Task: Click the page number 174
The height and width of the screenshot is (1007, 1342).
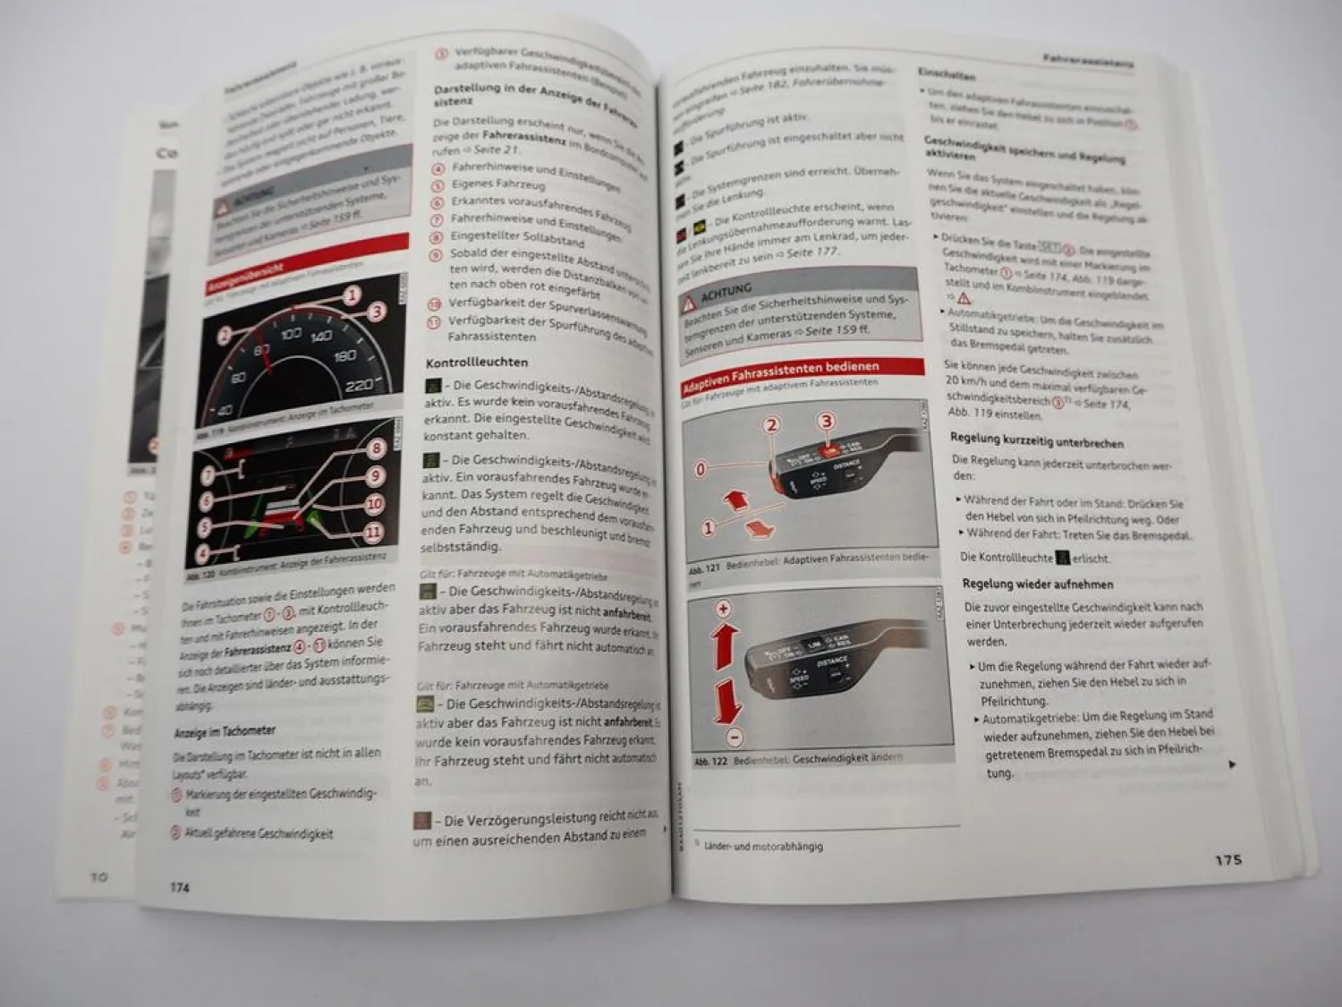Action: [180, 887]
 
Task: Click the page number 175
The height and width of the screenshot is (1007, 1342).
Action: [1228, 859]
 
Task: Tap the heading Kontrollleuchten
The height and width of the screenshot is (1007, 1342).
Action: [477, 363]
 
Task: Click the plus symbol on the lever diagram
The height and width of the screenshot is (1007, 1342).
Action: [723, 609]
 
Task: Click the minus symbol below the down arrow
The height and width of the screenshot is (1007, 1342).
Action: [734, 738]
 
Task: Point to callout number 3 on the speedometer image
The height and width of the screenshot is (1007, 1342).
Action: [377, 311]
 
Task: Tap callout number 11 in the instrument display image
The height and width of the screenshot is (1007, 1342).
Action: [373, 533]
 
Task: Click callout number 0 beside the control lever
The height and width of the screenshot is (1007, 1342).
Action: [701, 468]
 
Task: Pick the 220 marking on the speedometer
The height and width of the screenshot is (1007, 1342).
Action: [358, 385]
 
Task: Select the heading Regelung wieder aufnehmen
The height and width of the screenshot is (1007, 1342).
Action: [1038, 585]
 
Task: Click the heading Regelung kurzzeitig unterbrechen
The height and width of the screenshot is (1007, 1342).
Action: [1036, 442]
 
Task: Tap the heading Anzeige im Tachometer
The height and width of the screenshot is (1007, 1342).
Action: [225, 731]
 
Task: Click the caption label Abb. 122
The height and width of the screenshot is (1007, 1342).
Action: [710, 762]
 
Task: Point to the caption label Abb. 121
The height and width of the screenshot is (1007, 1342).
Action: [704, 568]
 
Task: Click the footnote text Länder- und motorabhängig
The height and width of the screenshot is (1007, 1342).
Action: [763, 846]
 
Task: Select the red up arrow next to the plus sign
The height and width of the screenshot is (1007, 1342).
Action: [725, 644]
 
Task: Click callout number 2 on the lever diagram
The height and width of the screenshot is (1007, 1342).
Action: [771, 425]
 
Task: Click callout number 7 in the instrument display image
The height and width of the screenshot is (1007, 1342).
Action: [208, 474]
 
